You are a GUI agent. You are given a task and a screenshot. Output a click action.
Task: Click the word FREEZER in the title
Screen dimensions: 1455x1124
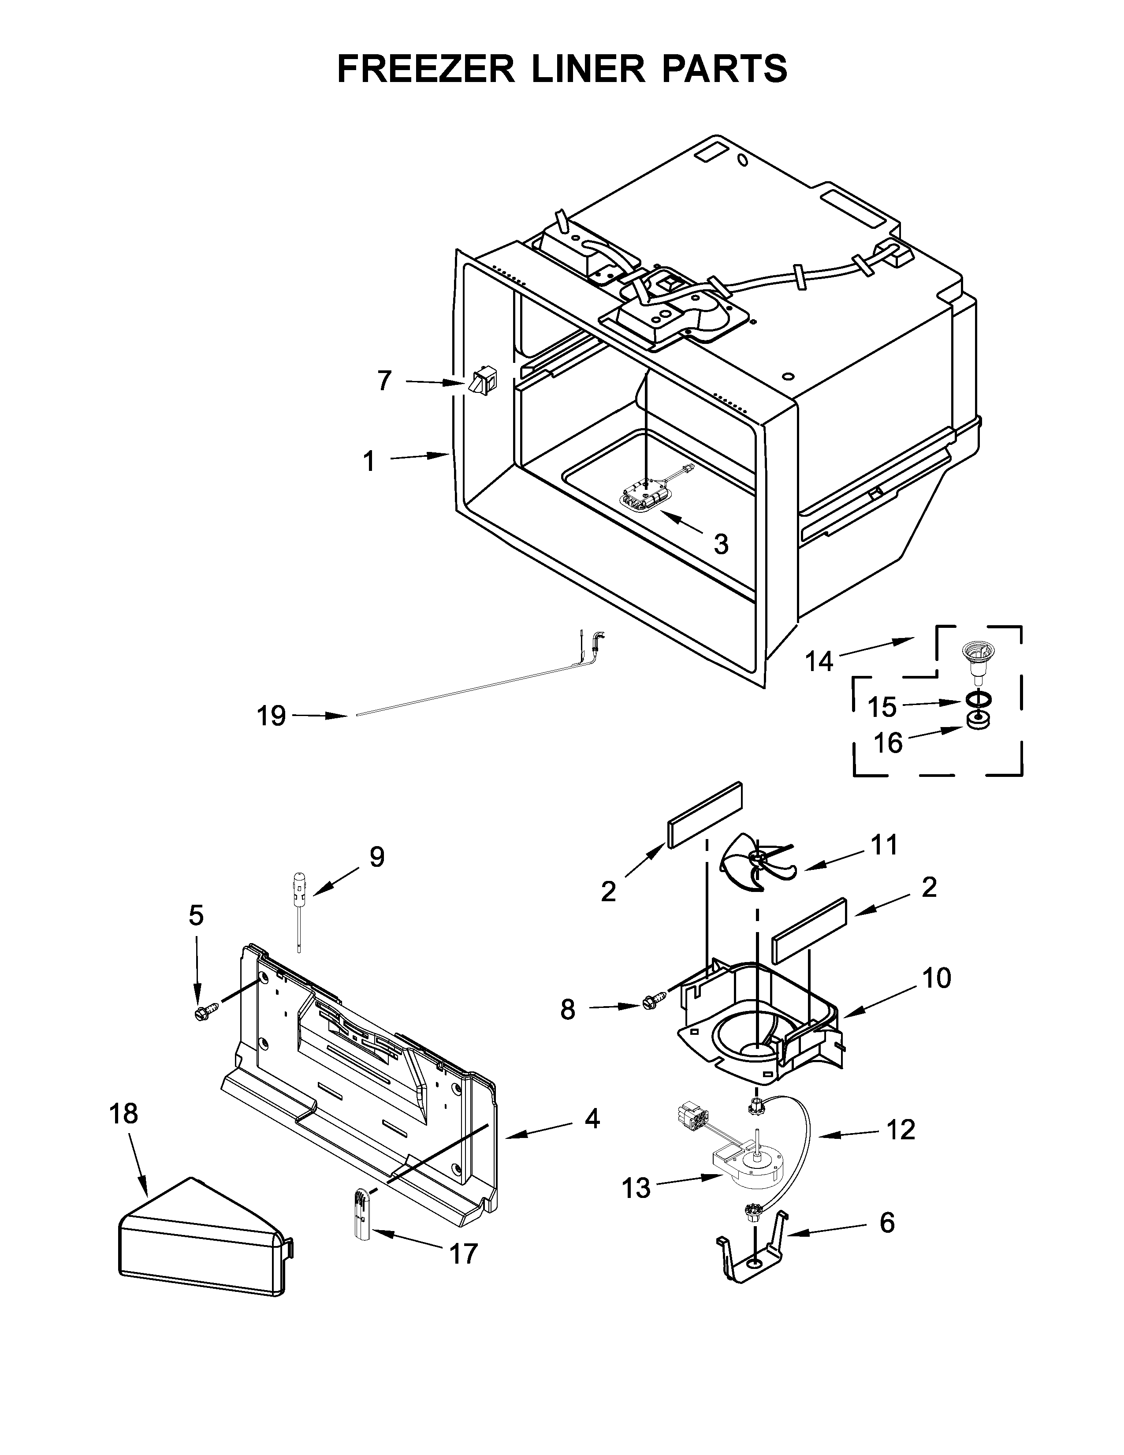point(426,69)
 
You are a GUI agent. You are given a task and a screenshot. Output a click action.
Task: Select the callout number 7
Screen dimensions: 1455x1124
point(385,381)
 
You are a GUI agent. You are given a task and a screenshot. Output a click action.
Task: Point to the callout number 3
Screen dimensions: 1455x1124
point(721,544)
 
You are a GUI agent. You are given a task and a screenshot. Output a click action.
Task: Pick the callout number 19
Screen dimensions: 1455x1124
point(272,716)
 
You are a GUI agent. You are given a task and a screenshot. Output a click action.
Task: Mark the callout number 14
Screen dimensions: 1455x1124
point(819,661)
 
